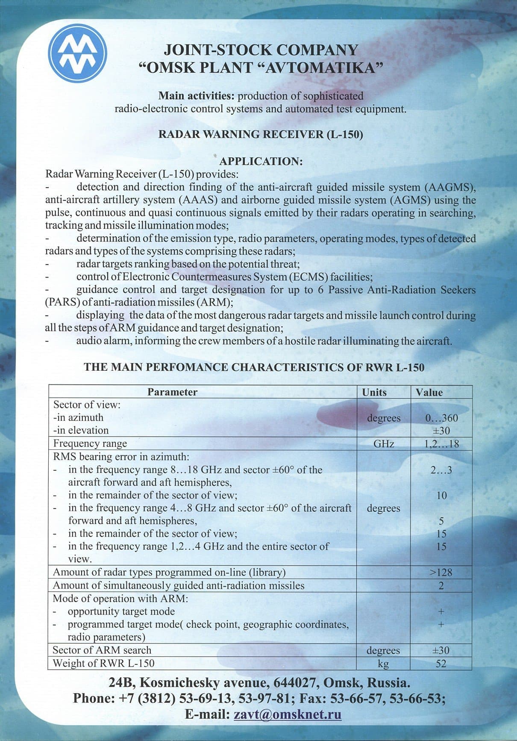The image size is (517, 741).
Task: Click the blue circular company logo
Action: click(x=77, y=53)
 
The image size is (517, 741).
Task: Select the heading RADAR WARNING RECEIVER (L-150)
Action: click(x=260, y=134)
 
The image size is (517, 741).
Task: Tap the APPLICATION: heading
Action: click(x=261, y=162)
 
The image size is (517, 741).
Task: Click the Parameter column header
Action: click(x=172, y=392)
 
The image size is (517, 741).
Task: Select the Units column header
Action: click(x=374, y=392)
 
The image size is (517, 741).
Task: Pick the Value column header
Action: click(x=429, y=392)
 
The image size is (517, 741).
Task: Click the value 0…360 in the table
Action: click(x=441, y=418)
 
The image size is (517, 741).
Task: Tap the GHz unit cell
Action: click(x=383, y=444)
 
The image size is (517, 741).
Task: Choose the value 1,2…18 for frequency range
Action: click(x=441, y=444)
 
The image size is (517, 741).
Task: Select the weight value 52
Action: click(x=441, y=664)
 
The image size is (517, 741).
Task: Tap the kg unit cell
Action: click(x=383, y=664)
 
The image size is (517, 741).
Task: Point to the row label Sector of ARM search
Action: click(x=102, y=650)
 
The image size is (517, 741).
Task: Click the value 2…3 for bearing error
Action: click(x=441, y=470)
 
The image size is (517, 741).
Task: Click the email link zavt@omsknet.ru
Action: click(x=288, y=714)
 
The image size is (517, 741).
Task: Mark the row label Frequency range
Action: click(x=90, y=443)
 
